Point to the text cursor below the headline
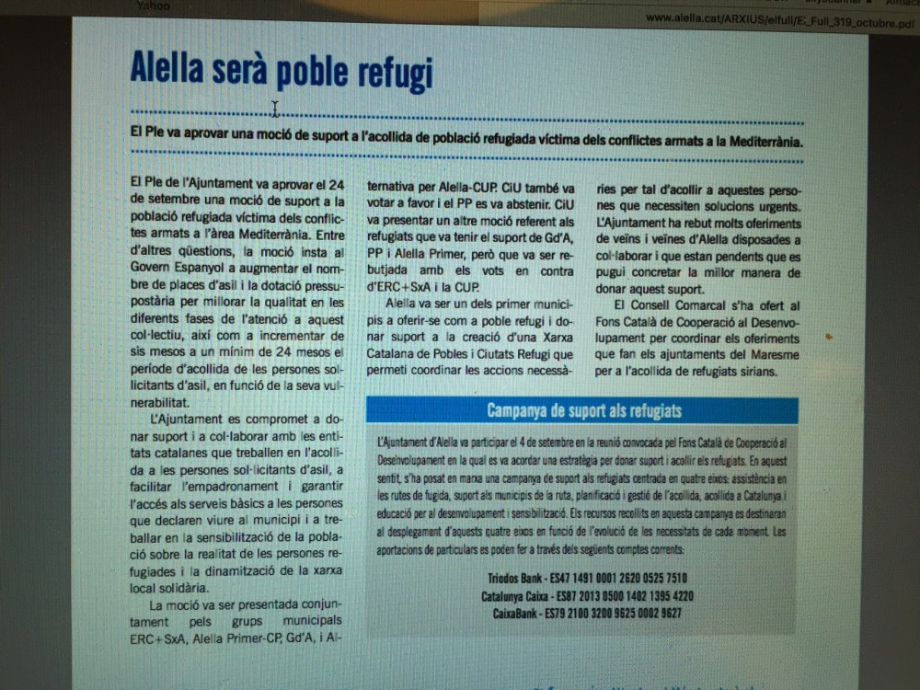(275, 109)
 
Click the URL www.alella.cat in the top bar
(681, 17)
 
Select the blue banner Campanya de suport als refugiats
(583, 410)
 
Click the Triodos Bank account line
(587, 579)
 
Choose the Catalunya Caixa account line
(587, 596)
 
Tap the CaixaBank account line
(587, 614)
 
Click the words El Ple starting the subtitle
(144, 132)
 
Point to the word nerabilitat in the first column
(160, 403)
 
